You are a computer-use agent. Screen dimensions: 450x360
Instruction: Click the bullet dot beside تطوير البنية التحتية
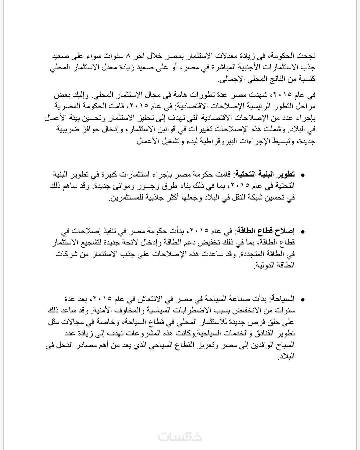[303, 175]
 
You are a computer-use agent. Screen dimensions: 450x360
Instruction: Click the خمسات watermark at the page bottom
[180, 436]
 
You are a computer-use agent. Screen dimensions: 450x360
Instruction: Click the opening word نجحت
[307, 55]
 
